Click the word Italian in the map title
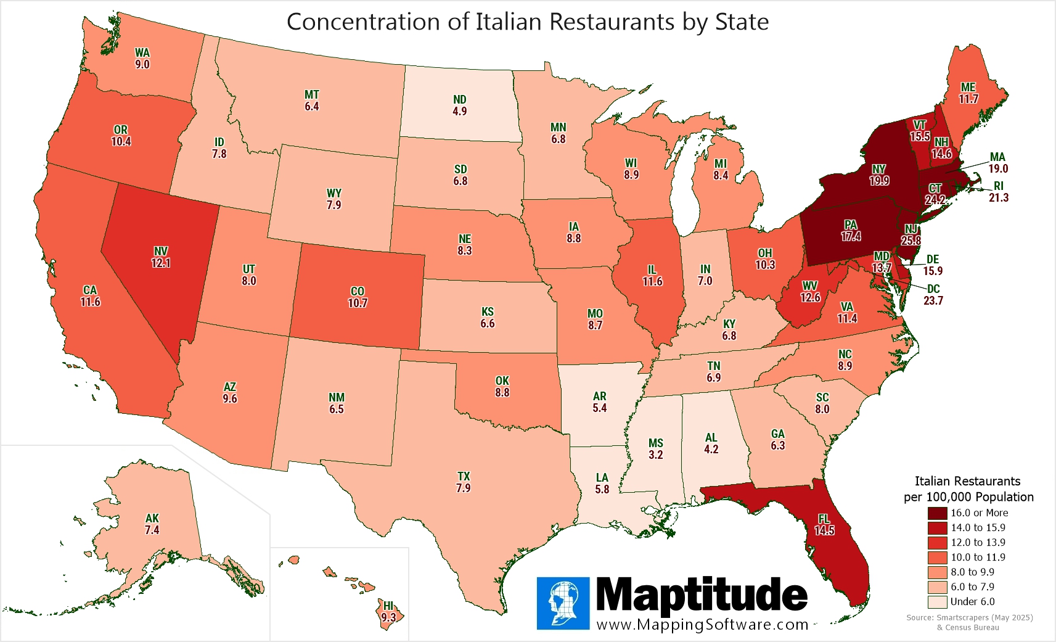pyautogui.click(x=509, y=22)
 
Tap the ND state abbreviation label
pyautogui.click(x=459, y=100)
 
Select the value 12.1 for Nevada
pyautogui.click(x=161, y=263)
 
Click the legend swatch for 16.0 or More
pyautogui.click(x=937, y=513)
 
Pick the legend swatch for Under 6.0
pyautogui.click(x=937, y=602)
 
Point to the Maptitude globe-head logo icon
pyautogui.click(x=563, y=603)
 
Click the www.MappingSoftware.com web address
pyautogui.click(x=702, y=624)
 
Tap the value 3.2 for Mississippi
pyautogui.click(x=655, y=455)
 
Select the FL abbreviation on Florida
pyautogui.click(x=824, y=519)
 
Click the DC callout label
pyautogui.click(x=933, y=289)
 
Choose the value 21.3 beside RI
pyautogui.click(x=999, y=198)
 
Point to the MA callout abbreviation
pyautogui.click(x=997, y=157)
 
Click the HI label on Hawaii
pyautogui.click(x=388, y=606)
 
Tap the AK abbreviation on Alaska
pyautogui.click(x=152, y=519)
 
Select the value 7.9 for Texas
pyautogui.click(x=463, y=488)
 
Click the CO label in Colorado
pyautogui.click(x=358, y=291)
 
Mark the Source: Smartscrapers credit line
pyautogui.click(x=969, y=617)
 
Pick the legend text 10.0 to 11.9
pyautogui.click(x=978, y=558)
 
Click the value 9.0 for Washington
pyautogui.click(x=142, y=65)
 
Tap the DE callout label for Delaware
pyautogui.click(x=933, y=260)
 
